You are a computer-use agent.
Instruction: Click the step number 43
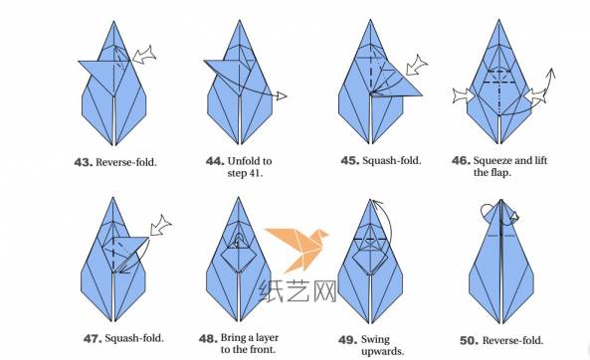pyautogui.click(x=84, y=162)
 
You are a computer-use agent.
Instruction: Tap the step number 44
pyautogui.click(x=215, y=161)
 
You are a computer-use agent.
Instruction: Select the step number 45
pyautogui.click(x=350, y=161)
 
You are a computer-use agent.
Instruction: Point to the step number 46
pyautogui.click(x=461, y=161)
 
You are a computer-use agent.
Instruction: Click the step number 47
pyautogui.click(x=93, y=338)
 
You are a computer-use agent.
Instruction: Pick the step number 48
pyautogui.click(x=209, y=338)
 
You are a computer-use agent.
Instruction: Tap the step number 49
pyautogui.click(x=347, y=340)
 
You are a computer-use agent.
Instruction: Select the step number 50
pyautogui.click(x=470, y=341)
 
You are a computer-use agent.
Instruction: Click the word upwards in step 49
pyautogui.click(x=381, y=352)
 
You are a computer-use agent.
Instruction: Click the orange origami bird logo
pyautogui.click(x=296, y=248)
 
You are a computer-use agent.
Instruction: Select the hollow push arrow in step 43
pyautogui.click(x=144, y=56)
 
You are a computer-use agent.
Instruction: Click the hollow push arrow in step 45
pyautogui.click(x=417, y=65)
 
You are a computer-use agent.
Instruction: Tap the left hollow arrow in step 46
pyautogui.click(x=463, y=95)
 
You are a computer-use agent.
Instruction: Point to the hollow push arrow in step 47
pyautogui.click(x=161, y=226)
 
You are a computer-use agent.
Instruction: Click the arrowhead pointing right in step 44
pyautogui.click(x=282, y=95)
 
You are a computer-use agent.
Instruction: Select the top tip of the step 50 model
pyautogui.click(x=500, y=200)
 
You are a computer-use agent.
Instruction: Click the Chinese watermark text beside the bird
pyautogui.click(x=297, y=290)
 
